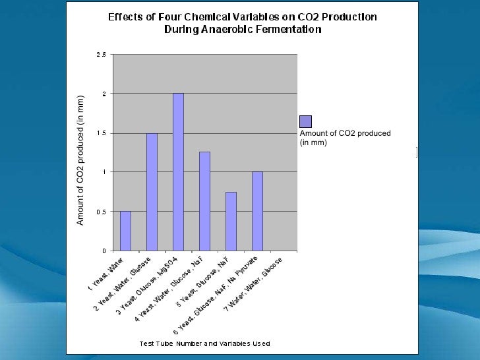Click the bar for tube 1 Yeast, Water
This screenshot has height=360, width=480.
pyautogui.click(x=125, y=231)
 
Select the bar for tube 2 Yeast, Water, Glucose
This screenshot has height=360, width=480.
pyautogui.click(x=152, y=192)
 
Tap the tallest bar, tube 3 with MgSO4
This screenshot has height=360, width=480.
pyautogui.click(x=178, y=172)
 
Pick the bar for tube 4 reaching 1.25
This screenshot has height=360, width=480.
pyautogui.click(x=204, y=201)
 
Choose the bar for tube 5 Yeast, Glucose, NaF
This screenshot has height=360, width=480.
pyautogui.click(x=231, y=221)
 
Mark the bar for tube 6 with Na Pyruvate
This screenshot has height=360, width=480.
pyautogui.click(x=257, y=211)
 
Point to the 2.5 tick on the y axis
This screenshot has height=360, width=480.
pyautogui.click(x=101, y=55)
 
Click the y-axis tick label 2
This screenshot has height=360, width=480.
pyautogui.click(x=103, y=94)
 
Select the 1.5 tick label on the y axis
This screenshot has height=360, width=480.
pyautogui.click(x=101, y=133)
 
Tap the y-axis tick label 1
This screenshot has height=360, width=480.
pyautogui.click(x=103, y=172)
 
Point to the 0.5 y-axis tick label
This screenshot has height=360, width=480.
pyautogui.click(x=101, y=212)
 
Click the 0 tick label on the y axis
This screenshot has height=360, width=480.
pyautogui.click(x=103, y=251)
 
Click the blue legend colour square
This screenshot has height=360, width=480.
pyautogui.click(x=305, y=121)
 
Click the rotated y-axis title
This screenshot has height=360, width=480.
pyautogui.click(x=80, y=160)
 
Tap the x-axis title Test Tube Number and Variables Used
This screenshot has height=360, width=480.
pyautogui.click(x=204, y=344)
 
